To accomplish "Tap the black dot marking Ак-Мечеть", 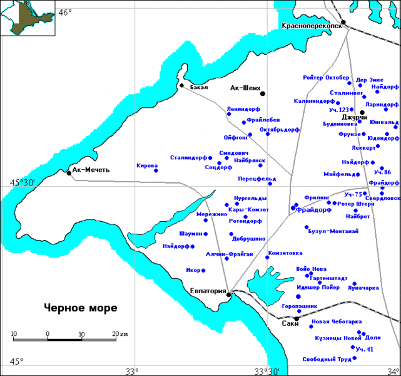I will coord(69,172).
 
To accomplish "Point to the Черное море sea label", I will coord(81,308).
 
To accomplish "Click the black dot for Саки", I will coord(297,318).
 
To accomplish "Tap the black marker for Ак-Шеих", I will coord(263,94).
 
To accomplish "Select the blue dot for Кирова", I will coord(156,170).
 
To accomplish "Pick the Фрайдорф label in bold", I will coord(315,210).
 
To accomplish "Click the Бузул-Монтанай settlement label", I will coord(334,231).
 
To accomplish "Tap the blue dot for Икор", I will coord(203,271).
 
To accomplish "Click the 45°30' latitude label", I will coord(22,182).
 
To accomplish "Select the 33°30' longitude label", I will coord(267,371).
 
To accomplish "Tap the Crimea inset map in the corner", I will coord(25,19).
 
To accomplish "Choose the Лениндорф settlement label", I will coord(243,108).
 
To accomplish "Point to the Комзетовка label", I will coord(285,253).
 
